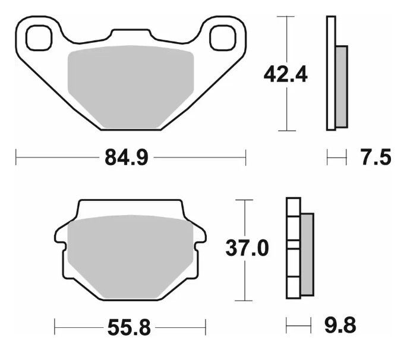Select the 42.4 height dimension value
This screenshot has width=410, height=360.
286,74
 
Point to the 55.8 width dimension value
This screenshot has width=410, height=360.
130,327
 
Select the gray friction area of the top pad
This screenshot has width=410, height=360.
131,86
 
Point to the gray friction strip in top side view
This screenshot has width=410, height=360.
341,86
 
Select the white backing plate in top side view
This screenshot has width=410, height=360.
331,74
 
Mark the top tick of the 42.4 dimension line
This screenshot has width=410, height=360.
286,17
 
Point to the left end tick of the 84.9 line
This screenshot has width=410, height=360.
15,158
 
